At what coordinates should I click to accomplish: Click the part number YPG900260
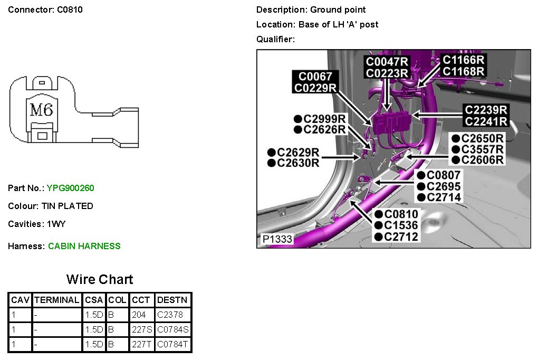coord(70,188)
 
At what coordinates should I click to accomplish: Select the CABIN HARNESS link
coord(84,246)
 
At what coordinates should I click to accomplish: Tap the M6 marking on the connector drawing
coord(41,110)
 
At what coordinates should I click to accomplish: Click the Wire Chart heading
coord(100,279)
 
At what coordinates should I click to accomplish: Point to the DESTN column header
coord(172,300)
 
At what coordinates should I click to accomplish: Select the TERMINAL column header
coord(56,300)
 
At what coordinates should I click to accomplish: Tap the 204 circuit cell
coord(138,315)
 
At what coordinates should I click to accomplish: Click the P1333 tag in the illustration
coord(277,239)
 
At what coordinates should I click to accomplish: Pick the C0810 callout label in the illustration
coord(401,214)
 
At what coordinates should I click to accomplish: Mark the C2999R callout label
coord(325,118)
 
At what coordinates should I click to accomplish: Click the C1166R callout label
coord(464,60)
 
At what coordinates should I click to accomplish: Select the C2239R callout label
coord(486,110)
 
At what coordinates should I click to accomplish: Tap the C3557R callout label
coord(482,149)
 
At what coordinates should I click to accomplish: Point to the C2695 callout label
coord(444,186)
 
